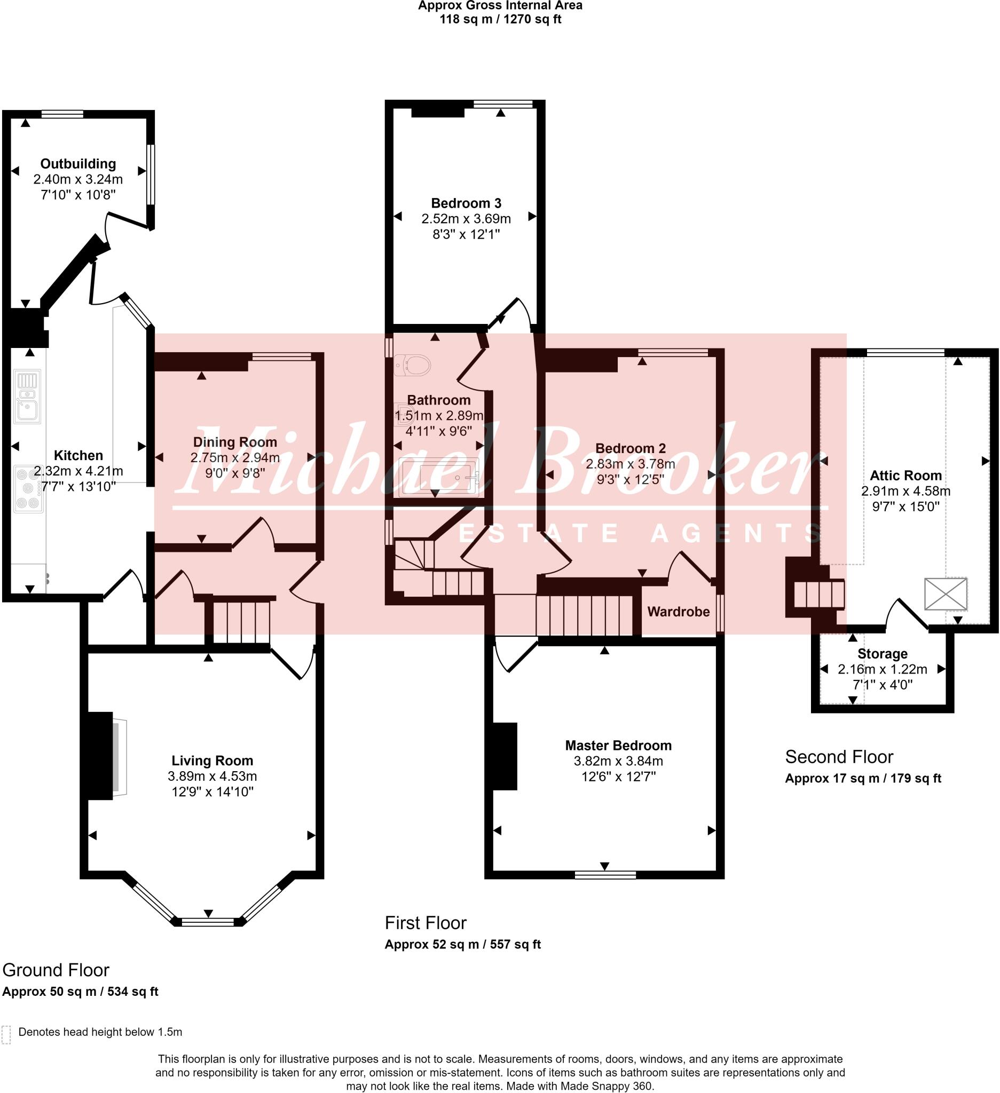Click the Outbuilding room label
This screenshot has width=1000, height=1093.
click(x=78, y=164)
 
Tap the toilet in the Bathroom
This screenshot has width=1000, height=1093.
click(x=413, y=365)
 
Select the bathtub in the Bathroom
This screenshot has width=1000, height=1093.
click(x=438, y=477)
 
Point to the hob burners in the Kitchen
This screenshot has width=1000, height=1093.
click(x=28, y=488)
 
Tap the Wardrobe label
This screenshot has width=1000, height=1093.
click(x=678, y=612)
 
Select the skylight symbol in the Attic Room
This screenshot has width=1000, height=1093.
click(x=945, y=593)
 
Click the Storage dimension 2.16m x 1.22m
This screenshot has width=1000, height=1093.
click(x=882, y=669)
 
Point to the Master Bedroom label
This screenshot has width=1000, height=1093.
click(x=618, y=745)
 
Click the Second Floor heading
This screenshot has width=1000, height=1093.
click(x=838, y=756)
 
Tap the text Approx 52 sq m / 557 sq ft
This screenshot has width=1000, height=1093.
click(x=462, y=944)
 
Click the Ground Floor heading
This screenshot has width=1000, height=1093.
click(x=56, y=969)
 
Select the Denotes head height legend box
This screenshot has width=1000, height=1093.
click(x=6, y=1034)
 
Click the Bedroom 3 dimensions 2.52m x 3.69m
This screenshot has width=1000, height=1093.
click(x=466, y=218)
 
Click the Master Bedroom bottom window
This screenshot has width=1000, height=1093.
click(x=605, y=875)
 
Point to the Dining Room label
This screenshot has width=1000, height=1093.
click(x=235, y=442)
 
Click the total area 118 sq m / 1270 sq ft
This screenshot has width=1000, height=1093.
click(x=500, y=20)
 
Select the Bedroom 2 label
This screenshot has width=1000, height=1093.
click(x=630, y=448)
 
